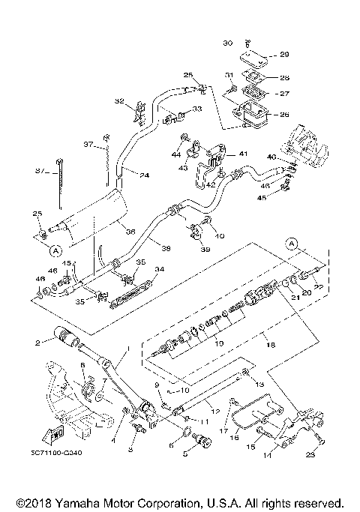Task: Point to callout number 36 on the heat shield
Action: [129, 231]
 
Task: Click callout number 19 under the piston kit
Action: [218, 343]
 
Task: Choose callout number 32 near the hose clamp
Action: [118, 101]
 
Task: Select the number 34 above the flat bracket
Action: [158, 268]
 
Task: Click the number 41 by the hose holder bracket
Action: [243, 153]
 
